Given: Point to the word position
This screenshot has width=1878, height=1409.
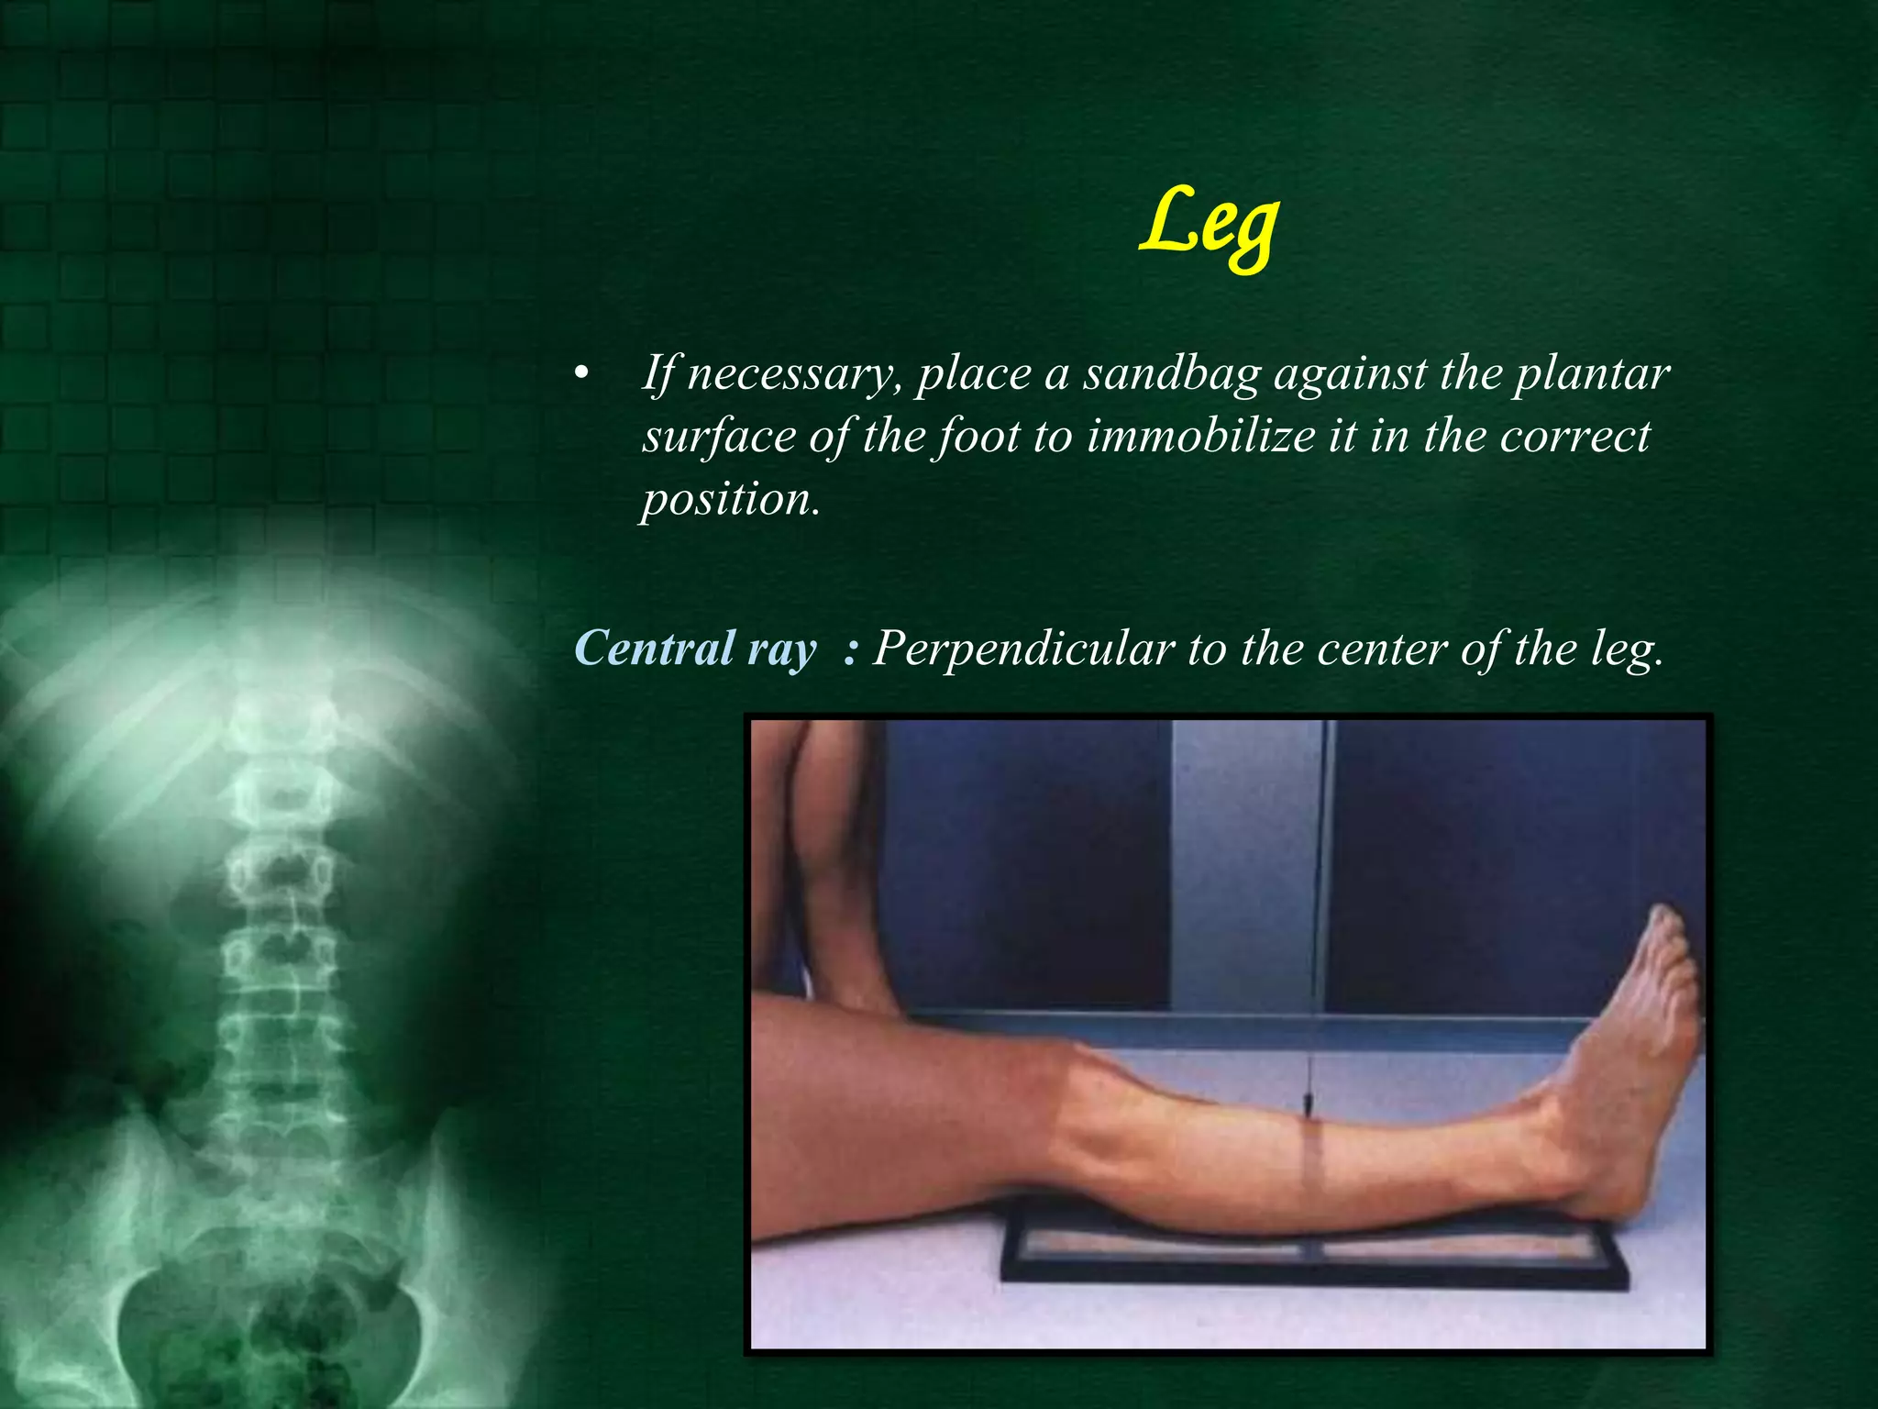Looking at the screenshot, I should click(x=729, y=498).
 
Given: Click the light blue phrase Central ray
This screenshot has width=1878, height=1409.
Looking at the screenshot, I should click(x=694, y=649).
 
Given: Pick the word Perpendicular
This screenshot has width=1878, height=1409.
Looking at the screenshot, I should click(x=1023, y=649).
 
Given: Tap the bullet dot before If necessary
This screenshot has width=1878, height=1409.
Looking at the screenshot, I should click(x=580, y=375).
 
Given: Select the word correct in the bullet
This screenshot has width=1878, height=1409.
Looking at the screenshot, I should click(x=1574, y=436).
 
